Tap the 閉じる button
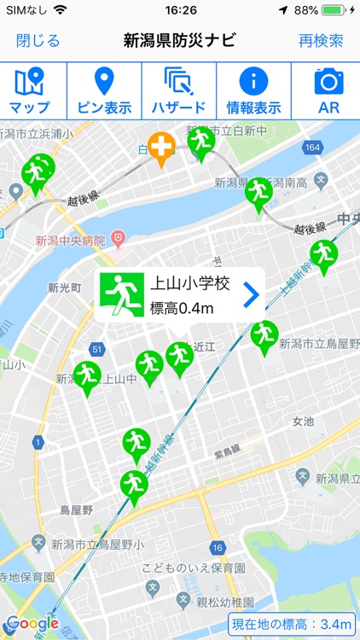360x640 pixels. coord(38,40)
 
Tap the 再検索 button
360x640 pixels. coord(321,40)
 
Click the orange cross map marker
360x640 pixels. coord(160,148)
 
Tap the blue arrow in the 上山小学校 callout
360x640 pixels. coord(250,295)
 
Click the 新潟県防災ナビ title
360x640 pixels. coord(179,40)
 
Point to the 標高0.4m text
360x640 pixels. coord(182,308)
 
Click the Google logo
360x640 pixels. coord(32,624)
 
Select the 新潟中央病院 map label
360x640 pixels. coord(70,241)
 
